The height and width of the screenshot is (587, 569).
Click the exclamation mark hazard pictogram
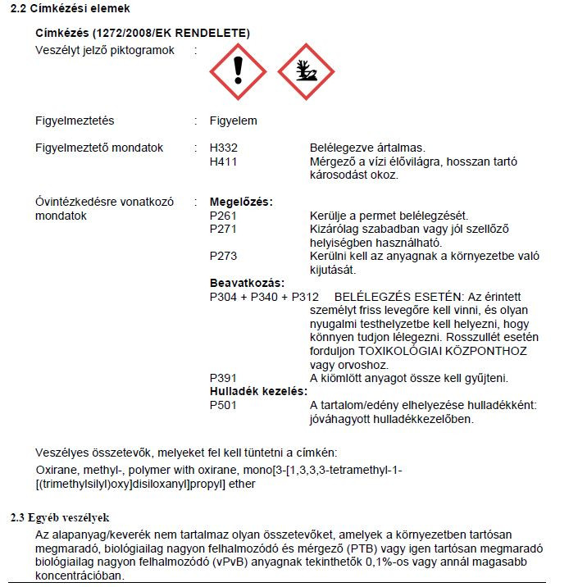[238, 71]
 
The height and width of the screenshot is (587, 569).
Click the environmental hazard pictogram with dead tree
[307, 71]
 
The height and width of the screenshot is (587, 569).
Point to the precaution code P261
[224, 216]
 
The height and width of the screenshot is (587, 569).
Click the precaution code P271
[224, 229]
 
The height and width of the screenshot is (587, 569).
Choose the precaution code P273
[224, 256]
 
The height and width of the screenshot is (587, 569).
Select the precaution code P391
[224, 378]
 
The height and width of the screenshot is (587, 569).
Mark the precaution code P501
[224, 405]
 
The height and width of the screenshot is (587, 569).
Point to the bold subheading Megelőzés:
[241, 202]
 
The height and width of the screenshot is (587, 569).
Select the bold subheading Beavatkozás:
[247, 283]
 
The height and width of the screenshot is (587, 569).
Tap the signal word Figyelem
[234, 121]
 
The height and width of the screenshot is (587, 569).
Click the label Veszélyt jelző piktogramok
[104, 51]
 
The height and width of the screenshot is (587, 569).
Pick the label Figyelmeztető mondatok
[99, 148]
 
